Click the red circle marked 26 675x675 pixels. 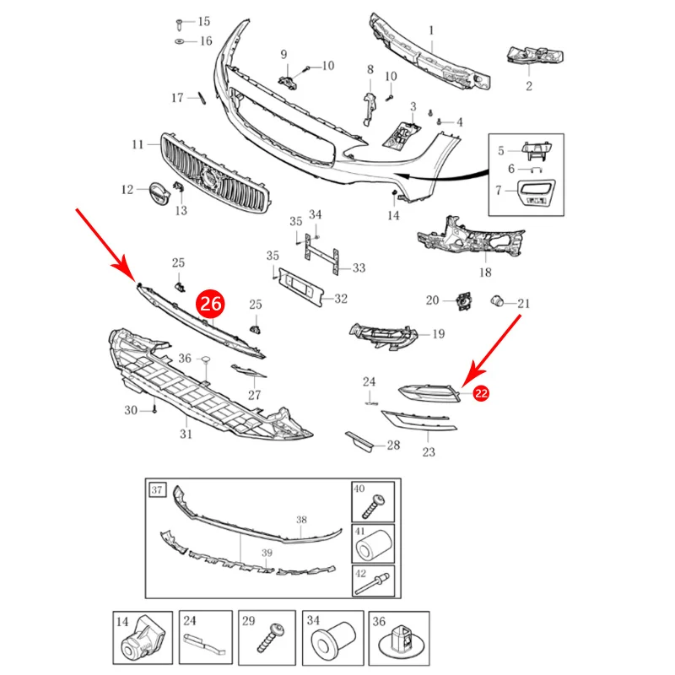tap(210, 304)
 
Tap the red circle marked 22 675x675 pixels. tap(481, 393)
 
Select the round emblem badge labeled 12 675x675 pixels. tap(159, 194)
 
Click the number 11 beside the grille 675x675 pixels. tap(138, 144)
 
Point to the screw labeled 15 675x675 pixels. tap(180, 24)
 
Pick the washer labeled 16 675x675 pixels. tap(180, 41)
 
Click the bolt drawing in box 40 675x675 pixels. tap(373, 505)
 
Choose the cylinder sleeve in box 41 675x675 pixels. tap(374, 546)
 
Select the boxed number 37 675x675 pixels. tap(157, 490)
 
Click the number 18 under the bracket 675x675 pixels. tap(485, 273)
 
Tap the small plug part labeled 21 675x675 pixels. tap(497, 301)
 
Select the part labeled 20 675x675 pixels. tap(463, 301)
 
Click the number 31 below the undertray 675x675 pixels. tap(186, 434)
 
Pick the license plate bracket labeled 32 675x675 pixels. tap(300, 288)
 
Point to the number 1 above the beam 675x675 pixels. tap(431, 30)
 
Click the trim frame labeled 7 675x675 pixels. tap(537, 193)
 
